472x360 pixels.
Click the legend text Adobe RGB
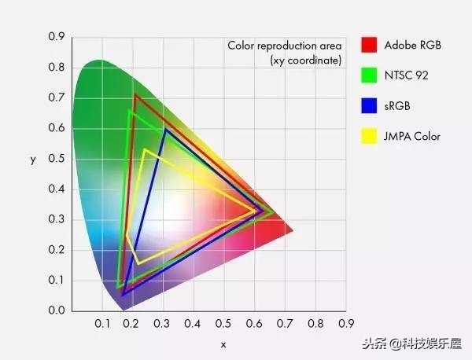click(x=412, y=45)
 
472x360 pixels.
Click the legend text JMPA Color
click(x=412, y=137)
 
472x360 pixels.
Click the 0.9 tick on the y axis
click(x=56, y=37)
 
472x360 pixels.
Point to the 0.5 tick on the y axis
click(x=56, y=159)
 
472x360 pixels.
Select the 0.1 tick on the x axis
click(x=102, y=324)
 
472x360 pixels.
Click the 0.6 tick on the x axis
click(x=254, y=324)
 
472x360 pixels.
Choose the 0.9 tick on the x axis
click(x=345, y=324)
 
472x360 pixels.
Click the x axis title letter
click(x=223, y=344)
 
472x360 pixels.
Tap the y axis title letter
click(x=33, y=160)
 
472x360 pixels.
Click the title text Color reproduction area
click(x=284, y=46)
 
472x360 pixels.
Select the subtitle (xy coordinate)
click(x=306, y=60)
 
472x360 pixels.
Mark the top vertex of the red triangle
click(x=135, y=95)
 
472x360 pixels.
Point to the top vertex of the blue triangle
click(x=165, y=130)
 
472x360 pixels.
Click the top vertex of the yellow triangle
click(x=145, y=149)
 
